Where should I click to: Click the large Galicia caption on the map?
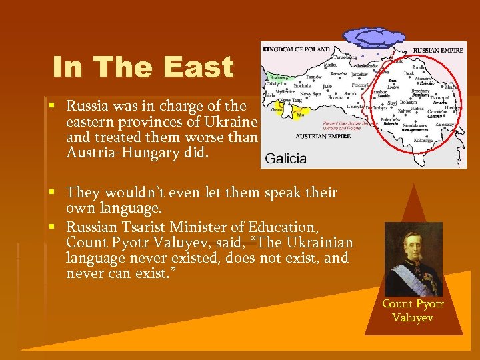tap(286, 159)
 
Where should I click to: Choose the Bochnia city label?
tap(302, 85)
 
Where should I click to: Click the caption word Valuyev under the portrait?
tap(413, 318)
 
